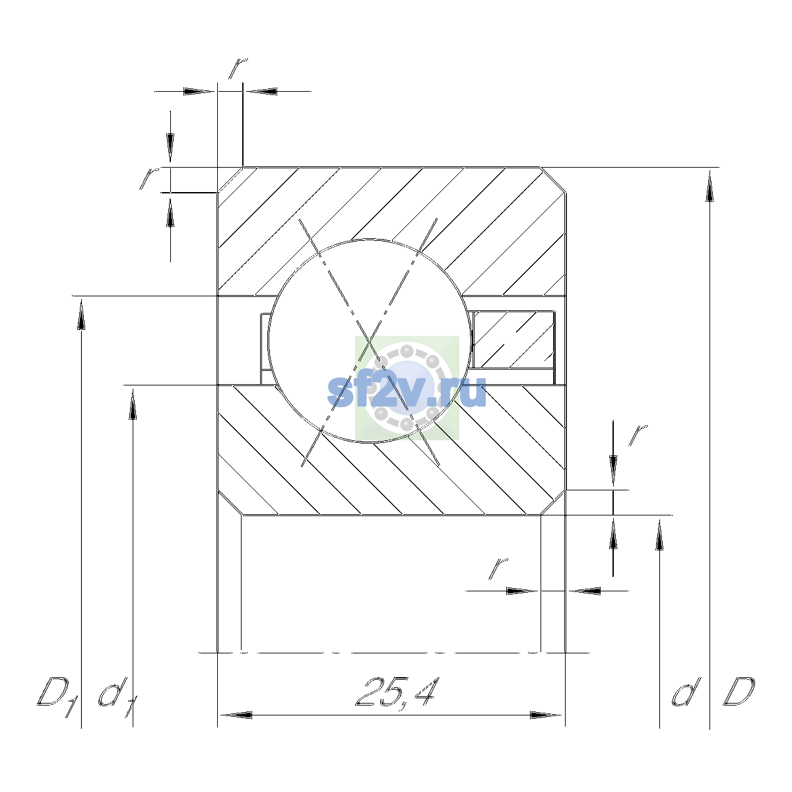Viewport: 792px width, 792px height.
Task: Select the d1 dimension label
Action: tap(117, 697)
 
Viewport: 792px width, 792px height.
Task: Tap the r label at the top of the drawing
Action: tap(238, 68)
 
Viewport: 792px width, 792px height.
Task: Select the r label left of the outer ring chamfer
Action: tap(149, 178)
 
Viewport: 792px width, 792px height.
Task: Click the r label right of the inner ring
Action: tap(638, 435)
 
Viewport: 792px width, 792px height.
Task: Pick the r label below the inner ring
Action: tap(498, 568)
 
